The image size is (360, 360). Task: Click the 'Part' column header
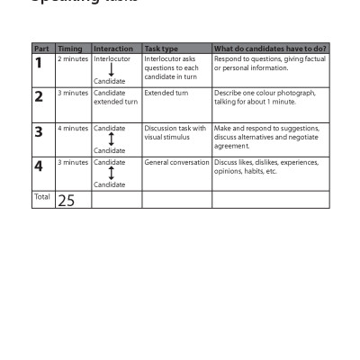[x=41, y=49]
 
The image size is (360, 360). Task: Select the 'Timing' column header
[x=69, y=49]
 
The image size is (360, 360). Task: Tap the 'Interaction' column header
[x=113, y=49]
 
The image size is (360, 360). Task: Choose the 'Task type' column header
[x=162, y=49]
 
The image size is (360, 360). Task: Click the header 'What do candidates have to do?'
[x=270, y=49]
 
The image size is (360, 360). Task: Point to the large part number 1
[x=39, y=63]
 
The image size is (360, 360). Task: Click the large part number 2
[x=39, y=97]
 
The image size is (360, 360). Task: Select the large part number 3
[x=39, y=132]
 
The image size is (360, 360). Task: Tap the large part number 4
[x=39, y=166]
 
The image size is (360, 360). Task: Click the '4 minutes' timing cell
[x=73, y=128]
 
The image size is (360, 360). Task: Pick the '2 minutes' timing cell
[x=73, y=58]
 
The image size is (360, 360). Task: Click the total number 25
[x=67, y=201]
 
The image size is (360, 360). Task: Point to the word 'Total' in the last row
[x=41, y=196]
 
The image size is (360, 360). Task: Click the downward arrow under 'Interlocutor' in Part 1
[x=111, y=70]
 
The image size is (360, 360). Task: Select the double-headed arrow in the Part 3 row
[x=111, y=139]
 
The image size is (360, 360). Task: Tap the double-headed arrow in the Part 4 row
[x=111, y=174]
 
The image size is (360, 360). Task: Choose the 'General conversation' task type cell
[x=176, y=162]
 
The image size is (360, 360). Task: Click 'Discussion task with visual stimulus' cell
[x=175, y=132]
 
